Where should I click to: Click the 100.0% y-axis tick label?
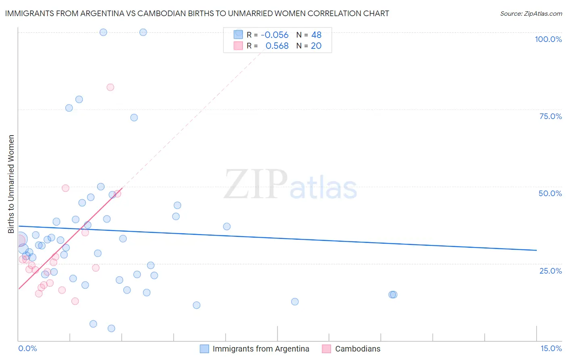coord(548,39)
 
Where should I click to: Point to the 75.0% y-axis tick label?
coord(550,116)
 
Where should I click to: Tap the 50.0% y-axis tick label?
coord(550,193)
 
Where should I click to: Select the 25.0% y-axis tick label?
coord(550,271)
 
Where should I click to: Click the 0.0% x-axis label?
coord(27,348)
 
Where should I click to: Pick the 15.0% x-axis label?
coord(551,348)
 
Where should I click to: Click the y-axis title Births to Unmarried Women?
coord(11,184)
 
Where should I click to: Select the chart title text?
coord(197,13)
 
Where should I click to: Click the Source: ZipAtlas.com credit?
coord(531,13)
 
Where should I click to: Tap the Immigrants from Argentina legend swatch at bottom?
coord(204,349)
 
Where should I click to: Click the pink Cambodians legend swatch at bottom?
coord(327,349)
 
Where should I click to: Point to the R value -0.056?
coord(275,35)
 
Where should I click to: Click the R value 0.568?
coord(277,46)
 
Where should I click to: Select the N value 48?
coord(316,35)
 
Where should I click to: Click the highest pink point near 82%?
coord(110,87)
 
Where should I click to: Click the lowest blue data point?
coord(111,329)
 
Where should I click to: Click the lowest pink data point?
coord(75,301)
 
